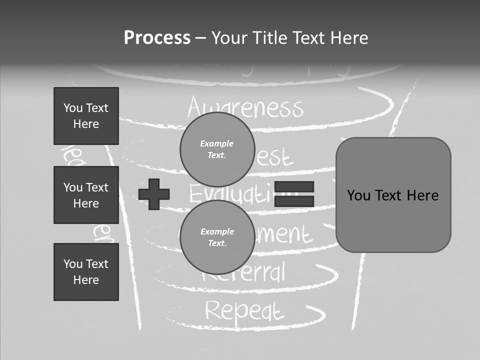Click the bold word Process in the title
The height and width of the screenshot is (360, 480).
(157, 38)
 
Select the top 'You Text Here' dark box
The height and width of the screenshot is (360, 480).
(86, 116)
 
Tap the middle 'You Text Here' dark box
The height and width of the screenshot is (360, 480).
(86, 195)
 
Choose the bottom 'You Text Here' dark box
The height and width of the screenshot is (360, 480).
(86, 271)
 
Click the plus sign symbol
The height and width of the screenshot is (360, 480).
(154, 194)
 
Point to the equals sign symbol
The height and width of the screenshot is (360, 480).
(294, 194)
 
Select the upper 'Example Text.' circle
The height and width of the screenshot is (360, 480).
(217, 149)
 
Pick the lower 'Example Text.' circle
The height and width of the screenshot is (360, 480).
(217, 237)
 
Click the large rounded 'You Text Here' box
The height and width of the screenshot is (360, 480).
(393, 195)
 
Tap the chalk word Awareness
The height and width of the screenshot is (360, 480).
(245, 107)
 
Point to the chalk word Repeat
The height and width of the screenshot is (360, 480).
(244, 311)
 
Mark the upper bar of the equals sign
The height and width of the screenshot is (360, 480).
(294, 187)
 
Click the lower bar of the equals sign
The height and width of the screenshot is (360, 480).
(294, 201)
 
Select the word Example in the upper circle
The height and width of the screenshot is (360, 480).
(217, 143)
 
